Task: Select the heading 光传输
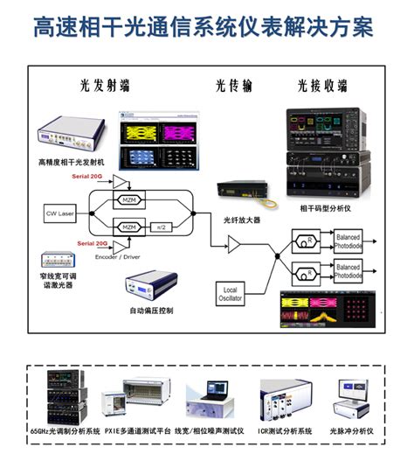click(x=233, y=86)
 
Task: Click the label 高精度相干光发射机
click(x=71, y=162)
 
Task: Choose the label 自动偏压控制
click(x=152, y=310)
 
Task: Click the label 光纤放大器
click(x=242, y=220)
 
